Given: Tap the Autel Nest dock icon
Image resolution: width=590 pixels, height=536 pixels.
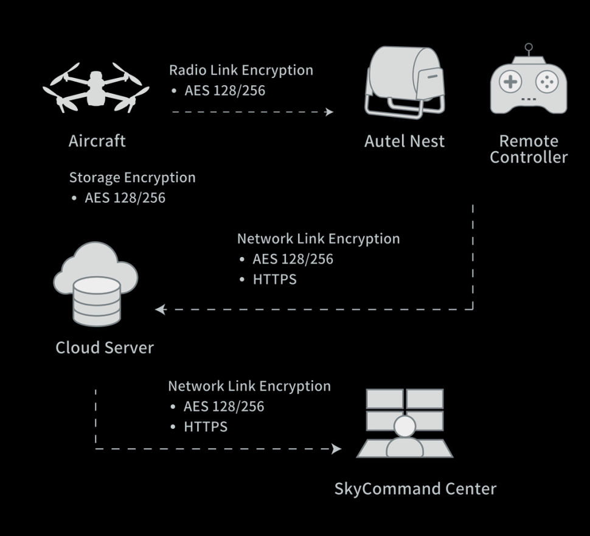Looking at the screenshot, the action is click(x=405, y=82).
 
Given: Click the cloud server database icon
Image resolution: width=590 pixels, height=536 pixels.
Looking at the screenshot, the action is click(x=95, y=284).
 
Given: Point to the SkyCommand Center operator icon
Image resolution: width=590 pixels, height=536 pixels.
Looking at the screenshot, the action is click(x=405, y=423).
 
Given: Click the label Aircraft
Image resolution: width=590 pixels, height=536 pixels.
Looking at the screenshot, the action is click(x=97, y=141).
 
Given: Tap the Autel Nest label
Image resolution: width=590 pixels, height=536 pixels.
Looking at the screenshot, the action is click(x=404, y=141).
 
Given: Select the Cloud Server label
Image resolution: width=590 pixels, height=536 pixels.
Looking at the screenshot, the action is click(x=105, y=347).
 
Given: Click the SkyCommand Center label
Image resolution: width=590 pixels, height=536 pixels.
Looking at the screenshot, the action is click(x=415, y=488).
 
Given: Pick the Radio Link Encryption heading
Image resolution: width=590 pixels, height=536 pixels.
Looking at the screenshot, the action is click(x=241, y=70).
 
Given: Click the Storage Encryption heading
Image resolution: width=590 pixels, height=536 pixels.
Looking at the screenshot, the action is click(x=133, y=177).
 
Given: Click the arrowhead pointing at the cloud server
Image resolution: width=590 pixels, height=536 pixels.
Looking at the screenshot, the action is click(x=161, y=309).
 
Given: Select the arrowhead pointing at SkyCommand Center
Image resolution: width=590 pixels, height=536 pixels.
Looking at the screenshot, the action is click(x=336, y=449).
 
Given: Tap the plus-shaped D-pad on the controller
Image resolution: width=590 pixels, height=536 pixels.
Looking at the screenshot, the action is click(x=510, y=82).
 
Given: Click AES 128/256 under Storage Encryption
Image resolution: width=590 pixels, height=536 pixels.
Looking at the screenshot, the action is click(x=125, y=198).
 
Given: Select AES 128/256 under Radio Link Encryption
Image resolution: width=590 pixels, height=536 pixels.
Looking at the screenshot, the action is click(x=224, y=90).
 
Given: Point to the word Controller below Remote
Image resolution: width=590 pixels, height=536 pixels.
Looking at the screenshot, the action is click(x=529, y=157).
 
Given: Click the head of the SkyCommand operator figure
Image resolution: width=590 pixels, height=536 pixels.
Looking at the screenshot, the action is click(x=405, y=426).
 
